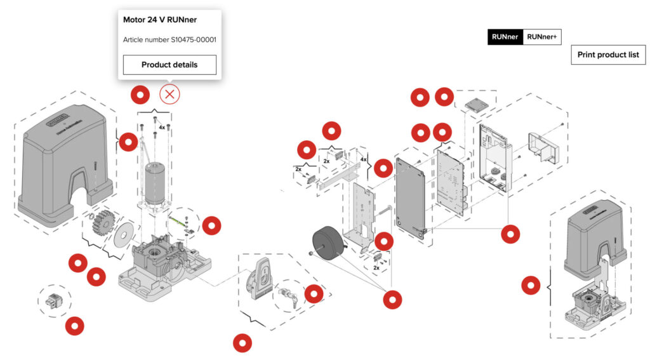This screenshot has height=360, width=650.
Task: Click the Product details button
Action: click(169, 65)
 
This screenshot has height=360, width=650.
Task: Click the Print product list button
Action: click(607, 55)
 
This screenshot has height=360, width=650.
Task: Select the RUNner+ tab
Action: click(541, 37)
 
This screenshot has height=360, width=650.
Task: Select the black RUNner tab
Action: click(505, 37)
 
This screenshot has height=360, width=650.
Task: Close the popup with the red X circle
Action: click(169, 95)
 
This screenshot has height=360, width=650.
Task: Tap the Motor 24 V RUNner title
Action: click(159, 20)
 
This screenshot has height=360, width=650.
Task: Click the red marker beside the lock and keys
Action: click(314, 294)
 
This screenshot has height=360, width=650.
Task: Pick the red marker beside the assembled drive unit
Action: click(531, 286)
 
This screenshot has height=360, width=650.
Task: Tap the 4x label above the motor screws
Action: click(162, 128)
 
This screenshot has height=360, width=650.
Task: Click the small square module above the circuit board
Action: click(477, 103)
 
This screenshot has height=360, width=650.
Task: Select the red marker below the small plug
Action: click(75, 326)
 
